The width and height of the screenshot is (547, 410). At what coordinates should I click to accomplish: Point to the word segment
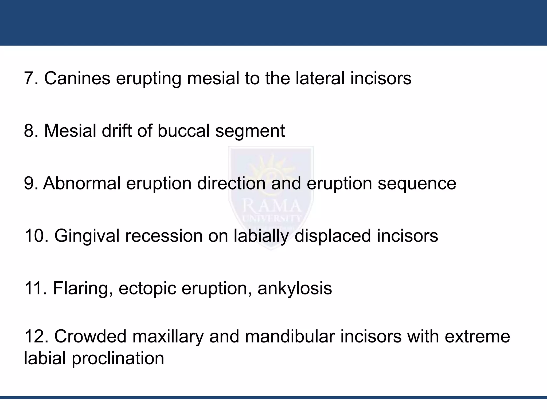click(x=250, y=131)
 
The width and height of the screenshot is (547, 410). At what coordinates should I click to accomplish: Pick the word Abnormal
click(x=82, y=183)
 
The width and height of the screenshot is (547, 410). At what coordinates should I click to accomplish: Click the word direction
click(x=231, y=183)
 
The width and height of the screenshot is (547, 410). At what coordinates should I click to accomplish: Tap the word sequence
click(x=417, y=184)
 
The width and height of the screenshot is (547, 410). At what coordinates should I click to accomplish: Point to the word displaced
click(x=333, y=236)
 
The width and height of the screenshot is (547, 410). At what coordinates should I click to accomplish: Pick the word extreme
click(x=477, y=337)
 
